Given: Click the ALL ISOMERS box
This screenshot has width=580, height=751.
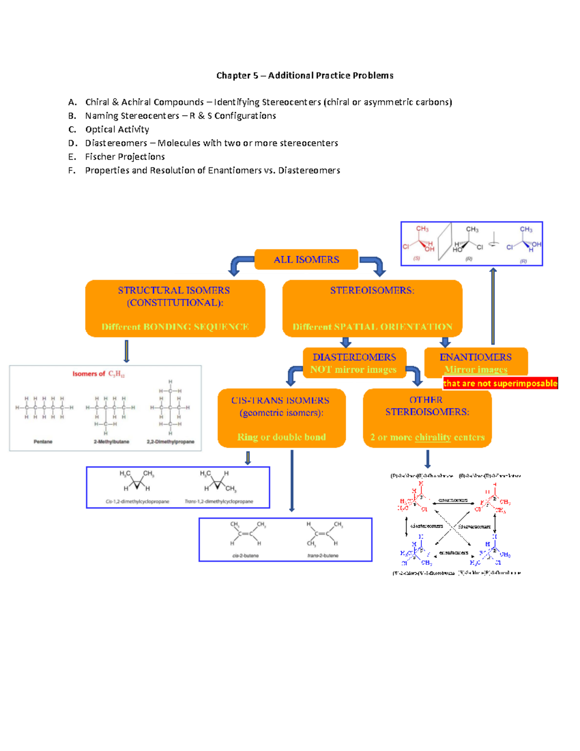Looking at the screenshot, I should click(x=306, y=260).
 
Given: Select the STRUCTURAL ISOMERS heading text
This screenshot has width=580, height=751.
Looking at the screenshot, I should click(x=174, y=290).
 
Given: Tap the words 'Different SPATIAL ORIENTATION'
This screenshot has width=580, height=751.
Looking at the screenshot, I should click(x=372, y=327).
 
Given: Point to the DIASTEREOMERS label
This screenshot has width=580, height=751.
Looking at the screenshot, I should click(x=354, y=357).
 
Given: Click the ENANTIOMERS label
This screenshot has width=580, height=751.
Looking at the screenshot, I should click(x=476, y=357).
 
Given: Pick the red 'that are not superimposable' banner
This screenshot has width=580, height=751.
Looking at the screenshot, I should click(x=500, y=383).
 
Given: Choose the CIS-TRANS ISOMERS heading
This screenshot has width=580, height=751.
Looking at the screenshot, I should click(x=280, y=400).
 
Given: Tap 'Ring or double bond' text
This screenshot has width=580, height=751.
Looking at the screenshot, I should click(x=281, y=437).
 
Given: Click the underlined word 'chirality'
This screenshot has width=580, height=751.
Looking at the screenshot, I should click(x=433, y=437).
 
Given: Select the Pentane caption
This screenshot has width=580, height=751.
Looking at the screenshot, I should click(x=43, y=442).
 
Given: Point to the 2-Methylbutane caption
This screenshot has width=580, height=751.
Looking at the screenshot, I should click(x=112, y=442).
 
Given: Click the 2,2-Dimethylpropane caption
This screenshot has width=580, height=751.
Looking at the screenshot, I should click(x=171, y=442).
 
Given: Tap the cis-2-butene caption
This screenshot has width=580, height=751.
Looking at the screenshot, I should click(x=246, y=556).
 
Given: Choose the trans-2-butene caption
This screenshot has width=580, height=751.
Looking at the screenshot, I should click(x=323, y=556).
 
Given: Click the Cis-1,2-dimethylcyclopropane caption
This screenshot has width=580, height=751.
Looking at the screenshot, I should click(x=137, y=501).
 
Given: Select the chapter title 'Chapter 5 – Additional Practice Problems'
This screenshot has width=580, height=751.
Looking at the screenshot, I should click(x=304, y=75).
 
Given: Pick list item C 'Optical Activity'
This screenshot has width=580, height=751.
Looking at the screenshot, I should click(x=117, y=130).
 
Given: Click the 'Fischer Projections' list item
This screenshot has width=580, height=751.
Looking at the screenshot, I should click(x=125, y=157).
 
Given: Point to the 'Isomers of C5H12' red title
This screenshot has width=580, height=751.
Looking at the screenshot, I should click(x=99, y=374).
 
